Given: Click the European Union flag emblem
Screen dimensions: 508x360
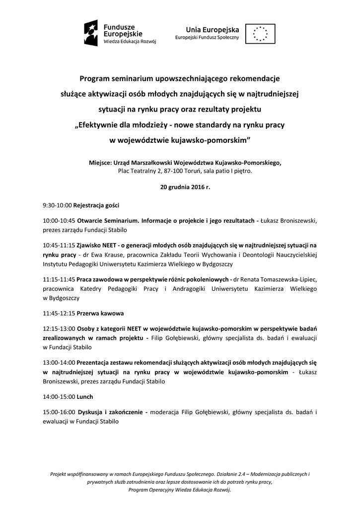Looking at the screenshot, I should [x=260, y=34].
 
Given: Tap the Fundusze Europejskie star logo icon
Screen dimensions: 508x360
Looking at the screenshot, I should [x=92, y=33].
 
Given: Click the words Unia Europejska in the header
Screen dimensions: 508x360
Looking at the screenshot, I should [x=212, y=30].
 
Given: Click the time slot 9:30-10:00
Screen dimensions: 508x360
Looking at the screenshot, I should [x=57, y=204].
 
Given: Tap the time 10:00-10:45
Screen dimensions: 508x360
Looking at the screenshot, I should [x=59, y=220].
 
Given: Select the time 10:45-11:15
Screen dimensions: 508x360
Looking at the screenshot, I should [x=59, y=245].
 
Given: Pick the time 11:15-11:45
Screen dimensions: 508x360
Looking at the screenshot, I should [x=59, y=279].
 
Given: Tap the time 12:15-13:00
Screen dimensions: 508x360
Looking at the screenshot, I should [x=59, y=328].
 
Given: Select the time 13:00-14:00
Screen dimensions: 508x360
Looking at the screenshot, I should [x=59, y=363].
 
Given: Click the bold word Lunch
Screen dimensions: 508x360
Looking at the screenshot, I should [x=85, y=397].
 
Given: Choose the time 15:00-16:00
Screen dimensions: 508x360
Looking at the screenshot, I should [x=59, y=412].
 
